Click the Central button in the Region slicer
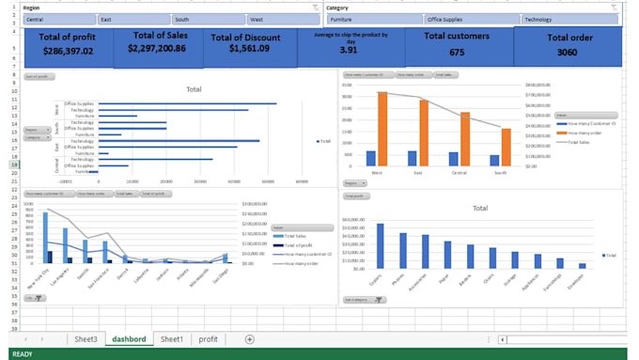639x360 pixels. click(58, 19)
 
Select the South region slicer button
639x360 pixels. click(209, 19)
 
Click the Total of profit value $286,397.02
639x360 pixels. click(67, 51)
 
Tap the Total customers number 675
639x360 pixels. click(457, 53)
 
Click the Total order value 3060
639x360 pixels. click(567, 53)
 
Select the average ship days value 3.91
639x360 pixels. click(348, 51)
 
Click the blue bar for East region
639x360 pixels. click(412, 158)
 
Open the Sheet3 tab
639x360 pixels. click(86, 339)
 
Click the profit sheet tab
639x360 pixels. click(208, 339)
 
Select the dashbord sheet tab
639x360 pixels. click(130, 339)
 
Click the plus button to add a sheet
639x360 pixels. click(249, 339)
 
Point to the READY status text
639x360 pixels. click(22, 354)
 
